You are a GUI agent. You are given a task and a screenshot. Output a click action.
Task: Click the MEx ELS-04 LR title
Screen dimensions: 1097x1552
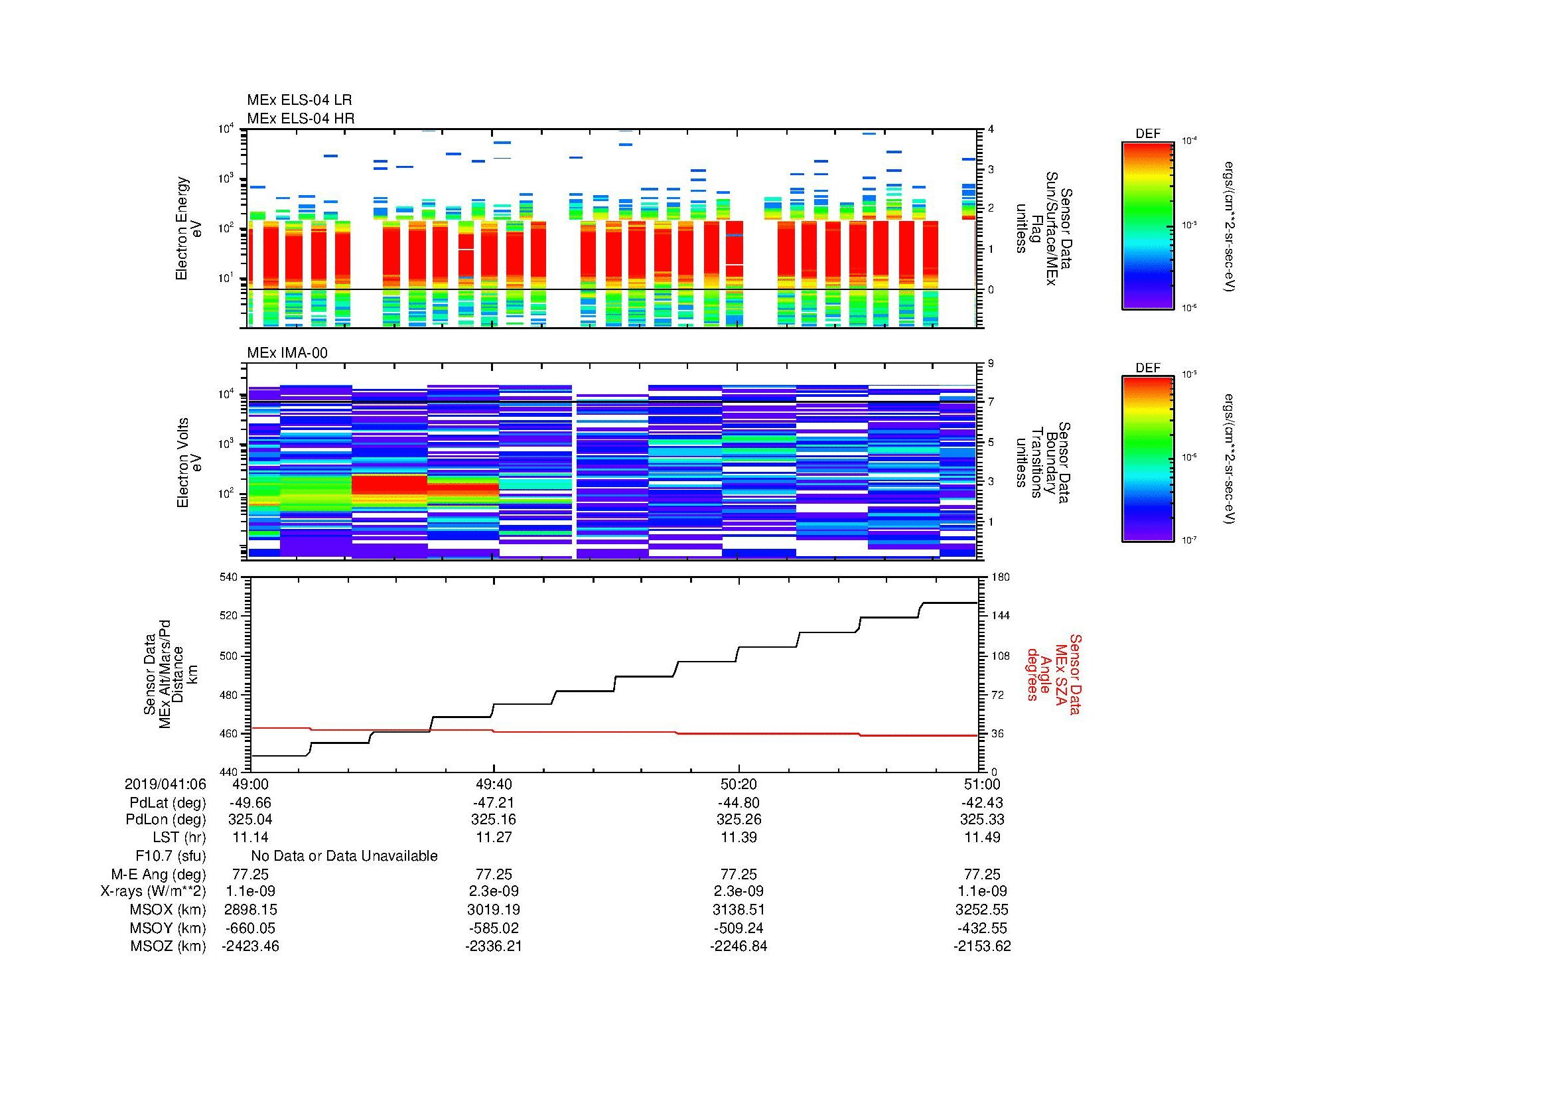point(299,100)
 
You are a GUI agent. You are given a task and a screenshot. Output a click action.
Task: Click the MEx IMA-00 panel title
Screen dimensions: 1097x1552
point(287,353)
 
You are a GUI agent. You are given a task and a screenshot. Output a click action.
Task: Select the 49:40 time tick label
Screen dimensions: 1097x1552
point(494,784)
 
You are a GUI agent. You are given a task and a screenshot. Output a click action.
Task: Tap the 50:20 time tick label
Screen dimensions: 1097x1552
point(739,784)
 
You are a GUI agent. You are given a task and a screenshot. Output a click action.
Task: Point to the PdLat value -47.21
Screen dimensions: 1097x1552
point(494,803)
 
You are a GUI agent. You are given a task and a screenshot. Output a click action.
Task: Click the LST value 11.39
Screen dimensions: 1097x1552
point(739,837)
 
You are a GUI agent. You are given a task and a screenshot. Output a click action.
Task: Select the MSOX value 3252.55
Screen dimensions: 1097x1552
point(982,910)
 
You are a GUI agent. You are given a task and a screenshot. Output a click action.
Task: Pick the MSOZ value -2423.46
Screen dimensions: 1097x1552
point(251,946)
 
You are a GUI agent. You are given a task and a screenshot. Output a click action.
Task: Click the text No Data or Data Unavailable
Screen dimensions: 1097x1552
point(344,856)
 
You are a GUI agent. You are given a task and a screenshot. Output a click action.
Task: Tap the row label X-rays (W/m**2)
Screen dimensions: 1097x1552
point(153,891)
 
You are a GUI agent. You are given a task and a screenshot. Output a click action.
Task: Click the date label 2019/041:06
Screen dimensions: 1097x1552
point(165,784)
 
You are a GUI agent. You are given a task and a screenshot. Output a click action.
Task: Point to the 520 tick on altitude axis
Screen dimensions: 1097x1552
point(230,616)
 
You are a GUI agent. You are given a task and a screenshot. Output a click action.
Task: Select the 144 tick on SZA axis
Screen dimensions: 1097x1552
point(1000,616)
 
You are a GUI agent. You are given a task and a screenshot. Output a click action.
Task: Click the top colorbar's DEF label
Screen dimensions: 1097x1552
point(1148,134)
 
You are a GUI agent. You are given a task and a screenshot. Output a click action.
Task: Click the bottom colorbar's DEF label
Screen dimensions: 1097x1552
point(1148,368)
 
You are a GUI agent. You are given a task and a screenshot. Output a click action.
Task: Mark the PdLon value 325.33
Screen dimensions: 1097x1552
point(982,820)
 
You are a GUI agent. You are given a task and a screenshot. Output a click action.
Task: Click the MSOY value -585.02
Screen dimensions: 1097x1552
point(494,928)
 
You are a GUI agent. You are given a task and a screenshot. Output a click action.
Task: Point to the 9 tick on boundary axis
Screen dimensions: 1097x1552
point(991,364)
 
